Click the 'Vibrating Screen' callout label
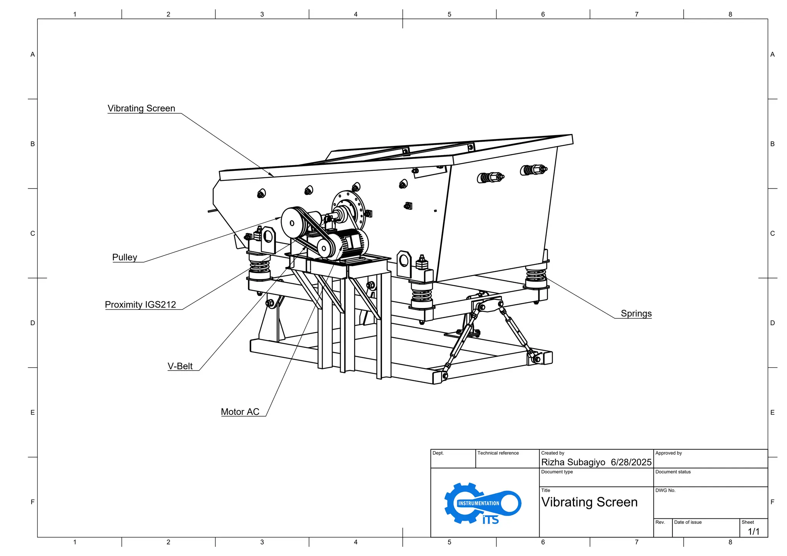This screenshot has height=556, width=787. point(141,109)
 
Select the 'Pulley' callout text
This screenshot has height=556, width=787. point(125,257)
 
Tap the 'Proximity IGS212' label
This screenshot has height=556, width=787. point(140,304)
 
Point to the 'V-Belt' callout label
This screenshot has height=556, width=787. point(180,366)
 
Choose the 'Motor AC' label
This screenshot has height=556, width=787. point(240,412)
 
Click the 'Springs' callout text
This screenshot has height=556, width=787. point(636,313)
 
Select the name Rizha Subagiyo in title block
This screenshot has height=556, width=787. point(573,462)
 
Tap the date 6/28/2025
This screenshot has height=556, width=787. point(631,462)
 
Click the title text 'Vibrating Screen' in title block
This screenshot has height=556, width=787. point(589,502)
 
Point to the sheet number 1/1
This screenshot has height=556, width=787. point(753,531)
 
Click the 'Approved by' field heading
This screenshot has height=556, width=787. point(668,453)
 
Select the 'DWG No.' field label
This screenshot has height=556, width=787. point(665,490)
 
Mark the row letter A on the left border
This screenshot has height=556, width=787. point(33,55)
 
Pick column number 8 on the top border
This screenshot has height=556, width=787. point(730,14)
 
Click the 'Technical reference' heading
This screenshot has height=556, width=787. point(498,453)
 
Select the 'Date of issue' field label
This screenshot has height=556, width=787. point(687,522)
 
